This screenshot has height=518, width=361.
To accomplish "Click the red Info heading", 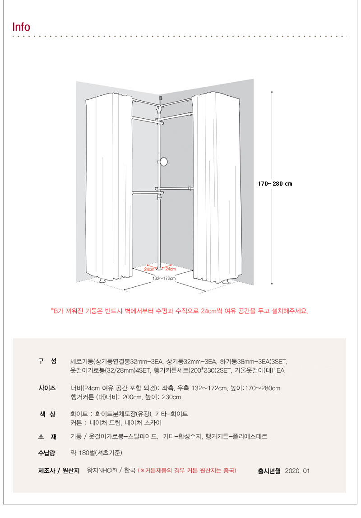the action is (21, 27).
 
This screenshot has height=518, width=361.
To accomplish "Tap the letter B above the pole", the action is (161, 98).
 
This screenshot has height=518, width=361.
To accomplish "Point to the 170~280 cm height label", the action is (275, 184).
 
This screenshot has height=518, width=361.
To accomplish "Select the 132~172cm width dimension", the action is (164, 278).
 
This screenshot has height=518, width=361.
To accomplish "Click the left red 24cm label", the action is (149, 269).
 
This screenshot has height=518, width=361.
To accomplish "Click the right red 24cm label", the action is (170, 269).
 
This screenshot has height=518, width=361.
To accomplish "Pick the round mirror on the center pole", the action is (163, 162).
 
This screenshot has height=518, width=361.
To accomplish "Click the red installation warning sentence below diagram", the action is (179, 311).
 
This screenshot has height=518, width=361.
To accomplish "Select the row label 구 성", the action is (47, 361).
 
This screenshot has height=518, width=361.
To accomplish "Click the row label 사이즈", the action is (47, 388).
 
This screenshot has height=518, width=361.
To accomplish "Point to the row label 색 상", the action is (47, 414).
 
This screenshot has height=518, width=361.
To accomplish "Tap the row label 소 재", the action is (47, 437).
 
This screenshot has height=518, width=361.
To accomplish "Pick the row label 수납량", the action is (46, 453).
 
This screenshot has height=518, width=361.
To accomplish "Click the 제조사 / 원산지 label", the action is (59, 471).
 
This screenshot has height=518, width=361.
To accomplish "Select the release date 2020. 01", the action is (297, 471).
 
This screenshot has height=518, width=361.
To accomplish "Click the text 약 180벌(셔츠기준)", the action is (97, 453).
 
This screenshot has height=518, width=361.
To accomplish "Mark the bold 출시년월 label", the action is (269, 471).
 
